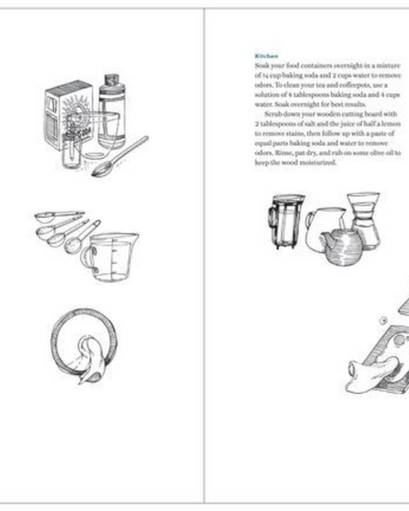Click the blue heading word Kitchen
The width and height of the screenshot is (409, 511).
[267, 56]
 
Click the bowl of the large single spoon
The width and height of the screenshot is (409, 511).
[101, 171]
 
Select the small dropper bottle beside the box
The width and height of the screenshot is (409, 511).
[70, 152]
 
